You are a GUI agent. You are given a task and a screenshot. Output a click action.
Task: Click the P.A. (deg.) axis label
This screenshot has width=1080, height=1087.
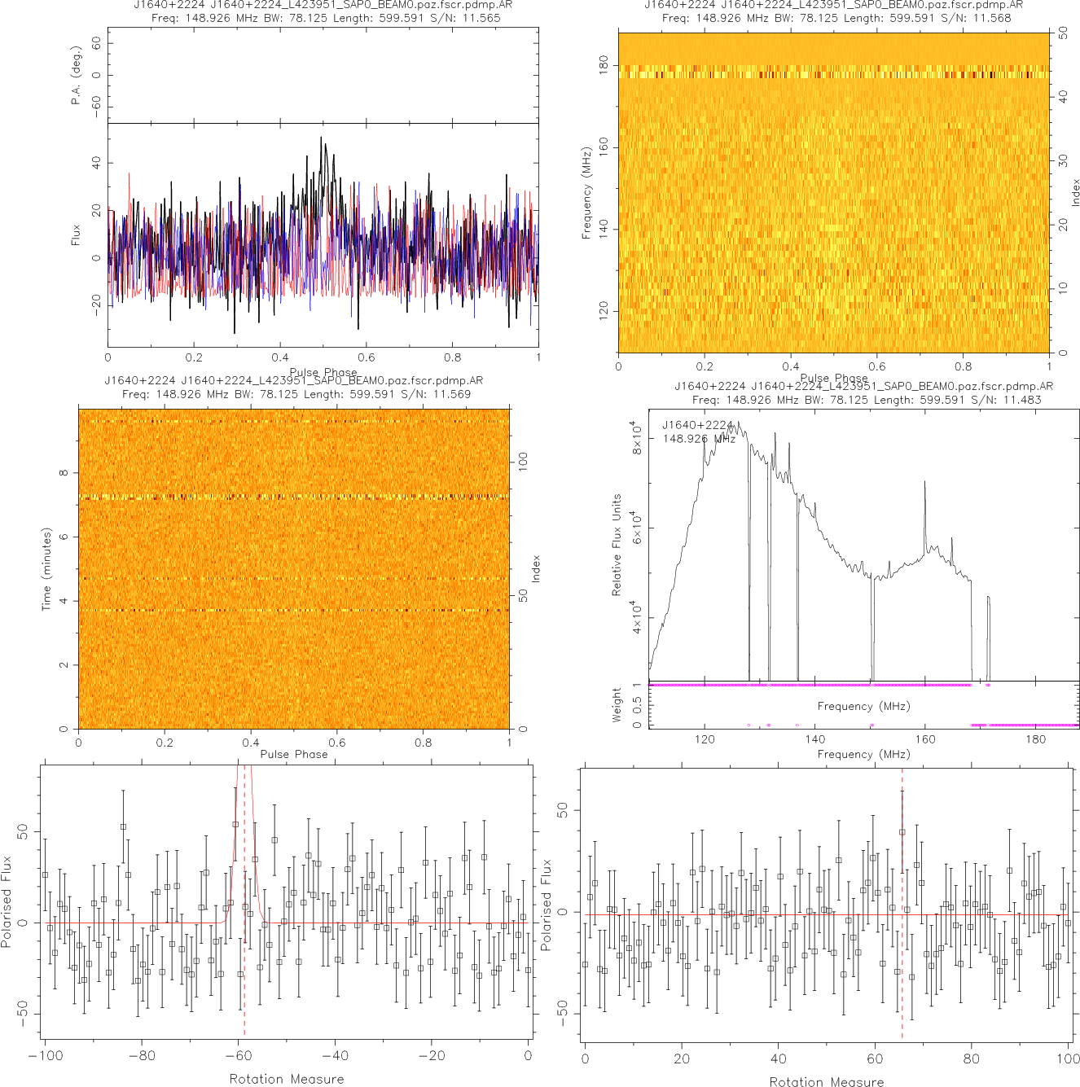(77, 76)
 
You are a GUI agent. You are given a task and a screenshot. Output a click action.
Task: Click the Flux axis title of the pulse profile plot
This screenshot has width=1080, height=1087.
(76, 235)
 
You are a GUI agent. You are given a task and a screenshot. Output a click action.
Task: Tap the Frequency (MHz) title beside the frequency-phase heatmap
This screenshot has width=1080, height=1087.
(586, 194)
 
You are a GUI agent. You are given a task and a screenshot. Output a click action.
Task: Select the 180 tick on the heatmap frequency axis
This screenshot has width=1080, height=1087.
(604, 65)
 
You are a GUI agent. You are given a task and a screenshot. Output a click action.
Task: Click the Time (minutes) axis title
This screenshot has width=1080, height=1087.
(46, 569)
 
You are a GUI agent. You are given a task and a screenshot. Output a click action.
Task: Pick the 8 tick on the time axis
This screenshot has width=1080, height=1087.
(64, 473)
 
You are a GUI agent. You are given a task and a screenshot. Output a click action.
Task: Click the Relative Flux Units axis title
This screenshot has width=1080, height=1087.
(617, 545)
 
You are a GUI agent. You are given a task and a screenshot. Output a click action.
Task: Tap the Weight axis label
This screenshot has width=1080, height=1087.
(617, 705)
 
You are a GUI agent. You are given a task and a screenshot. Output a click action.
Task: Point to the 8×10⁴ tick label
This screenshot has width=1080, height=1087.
(638, 437)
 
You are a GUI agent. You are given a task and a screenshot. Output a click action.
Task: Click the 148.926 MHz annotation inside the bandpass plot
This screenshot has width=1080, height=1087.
(699, 439)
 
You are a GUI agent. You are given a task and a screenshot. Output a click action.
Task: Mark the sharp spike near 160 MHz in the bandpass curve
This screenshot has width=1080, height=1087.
(924, 484)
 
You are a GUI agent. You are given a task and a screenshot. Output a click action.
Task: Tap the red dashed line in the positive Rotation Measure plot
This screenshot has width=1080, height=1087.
(902, 936)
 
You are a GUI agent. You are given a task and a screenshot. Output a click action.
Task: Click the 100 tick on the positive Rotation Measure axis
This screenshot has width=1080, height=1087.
(1068, 1059)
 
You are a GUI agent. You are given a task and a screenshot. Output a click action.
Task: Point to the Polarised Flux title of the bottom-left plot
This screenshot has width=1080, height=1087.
(7, 901)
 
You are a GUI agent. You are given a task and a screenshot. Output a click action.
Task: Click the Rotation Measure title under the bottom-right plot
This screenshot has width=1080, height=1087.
(826, 1081)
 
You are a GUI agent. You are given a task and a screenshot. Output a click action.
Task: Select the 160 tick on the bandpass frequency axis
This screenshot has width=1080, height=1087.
(925, 739)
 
